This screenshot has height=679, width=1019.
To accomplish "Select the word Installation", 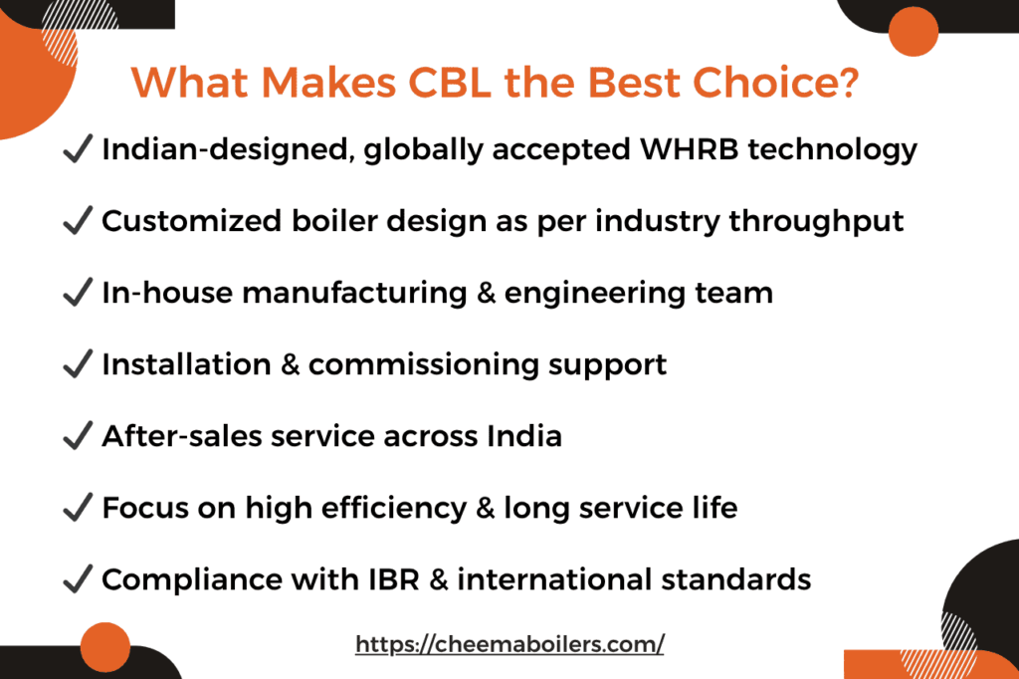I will tap(184, 364).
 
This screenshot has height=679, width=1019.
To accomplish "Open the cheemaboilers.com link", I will tap(509, 644).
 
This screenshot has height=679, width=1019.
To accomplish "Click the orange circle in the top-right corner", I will tap(913, 31).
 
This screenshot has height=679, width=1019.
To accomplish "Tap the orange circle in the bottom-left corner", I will tap(105, 648).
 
